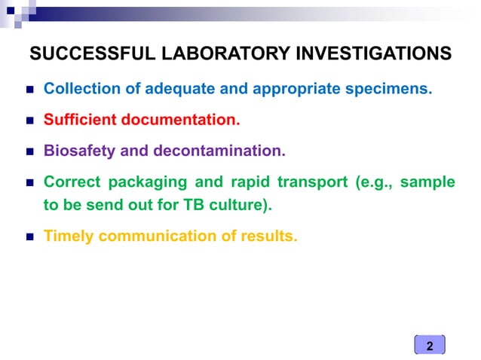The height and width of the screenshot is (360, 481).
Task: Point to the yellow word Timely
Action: [x=69, y=236]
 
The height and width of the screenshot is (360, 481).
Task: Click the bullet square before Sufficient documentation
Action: [x=28, y=121]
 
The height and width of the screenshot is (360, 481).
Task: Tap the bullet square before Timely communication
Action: [x=28, y=236]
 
